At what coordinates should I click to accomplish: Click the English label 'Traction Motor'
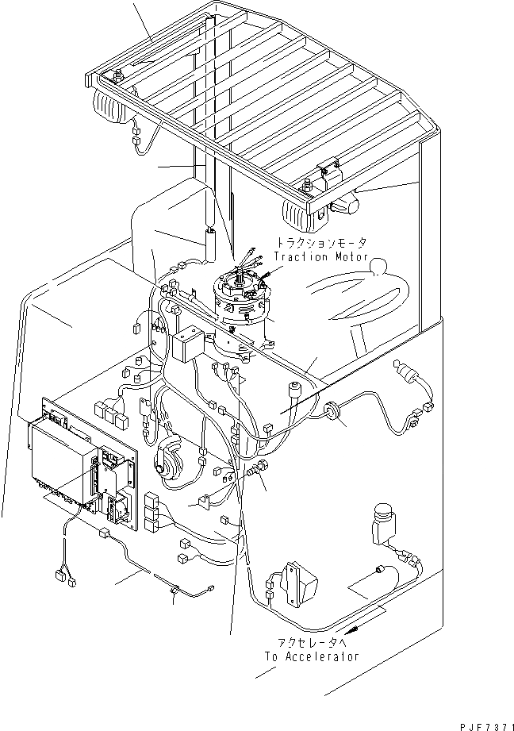coord(321,257)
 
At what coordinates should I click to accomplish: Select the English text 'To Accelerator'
coord(313,656)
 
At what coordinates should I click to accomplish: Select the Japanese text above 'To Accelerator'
coord(313,643)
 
